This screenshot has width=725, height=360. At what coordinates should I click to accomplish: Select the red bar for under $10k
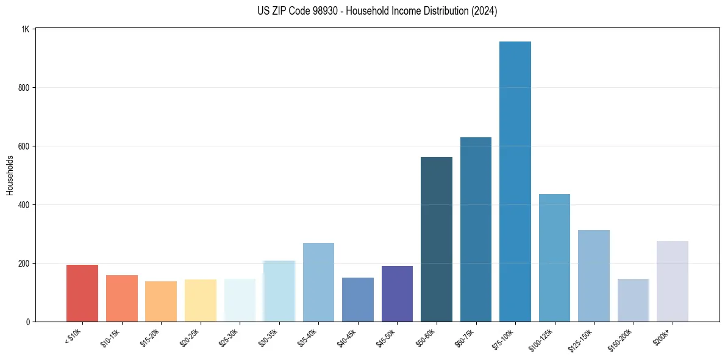point(82,293)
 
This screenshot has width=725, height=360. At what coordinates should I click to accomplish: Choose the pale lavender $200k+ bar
point(673,281)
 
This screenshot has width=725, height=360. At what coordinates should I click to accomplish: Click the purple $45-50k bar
point(397,293)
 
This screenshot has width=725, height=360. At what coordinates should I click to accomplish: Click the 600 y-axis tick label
point(24,146)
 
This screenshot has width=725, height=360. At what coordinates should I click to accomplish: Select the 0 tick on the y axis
point(28,322)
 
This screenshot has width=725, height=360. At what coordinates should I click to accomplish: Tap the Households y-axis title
point(10,175)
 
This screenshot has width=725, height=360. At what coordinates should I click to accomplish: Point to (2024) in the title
point(485,11)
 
